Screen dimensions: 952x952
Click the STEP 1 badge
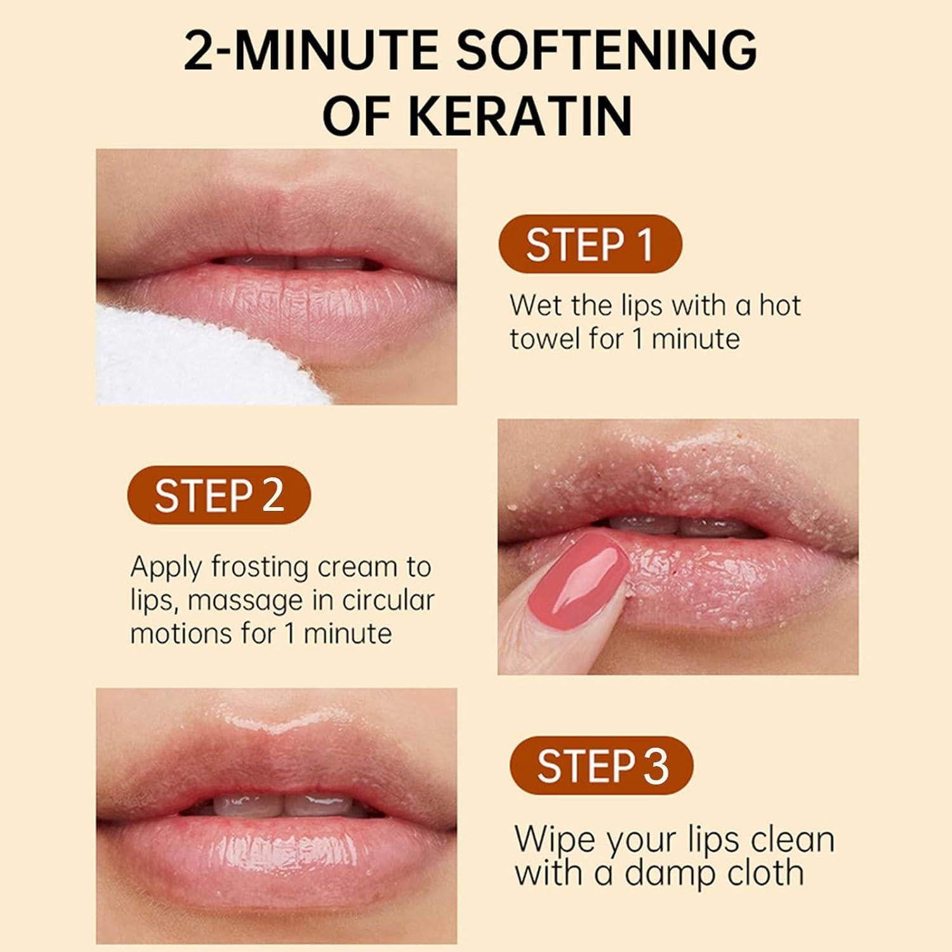[x=590, y=244]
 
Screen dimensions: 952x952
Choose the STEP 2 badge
[x=219, y=496]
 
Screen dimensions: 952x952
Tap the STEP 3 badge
[x=602, y=765]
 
